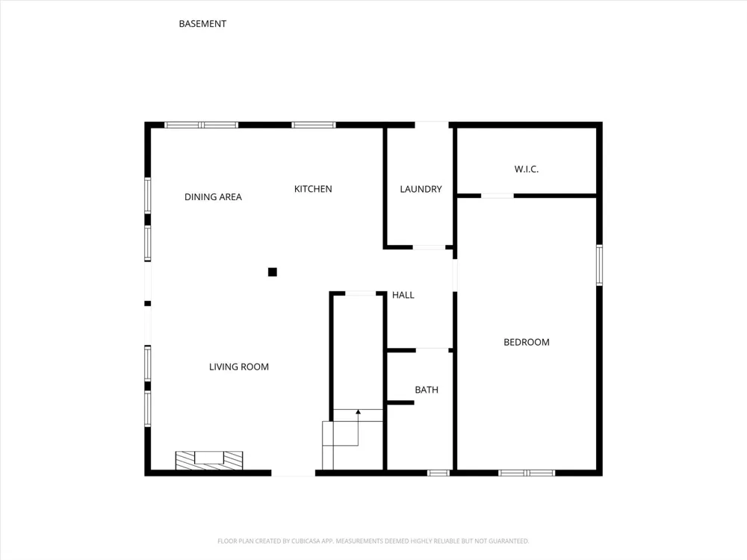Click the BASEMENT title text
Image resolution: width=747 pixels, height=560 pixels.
(202, 24)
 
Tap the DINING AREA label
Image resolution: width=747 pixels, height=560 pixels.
(213, 196)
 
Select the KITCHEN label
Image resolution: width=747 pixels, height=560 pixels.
(313, 189)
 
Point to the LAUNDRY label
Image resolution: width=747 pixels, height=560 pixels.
(421, 189)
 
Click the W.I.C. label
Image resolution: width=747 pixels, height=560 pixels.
(527, 169)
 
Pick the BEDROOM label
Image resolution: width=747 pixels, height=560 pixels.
(527, 342)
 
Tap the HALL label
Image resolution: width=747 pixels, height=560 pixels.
(403, 295)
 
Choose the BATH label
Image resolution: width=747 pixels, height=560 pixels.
(427, 390)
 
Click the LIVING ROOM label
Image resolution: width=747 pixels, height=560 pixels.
(239, 367)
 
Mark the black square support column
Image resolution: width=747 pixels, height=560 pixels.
(273, 272)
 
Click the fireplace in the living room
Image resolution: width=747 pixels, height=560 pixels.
(209, 461)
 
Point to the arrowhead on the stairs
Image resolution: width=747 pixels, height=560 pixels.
(359, 412)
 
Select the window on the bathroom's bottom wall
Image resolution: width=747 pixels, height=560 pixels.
(438, 473)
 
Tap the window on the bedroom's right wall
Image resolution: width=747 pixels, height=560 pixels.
(599, 265)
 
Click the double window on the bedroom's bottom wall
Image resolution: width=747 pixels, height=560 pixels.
(527, 473)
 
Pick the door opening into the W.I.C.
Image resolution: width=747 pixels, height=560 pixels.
(498, 196)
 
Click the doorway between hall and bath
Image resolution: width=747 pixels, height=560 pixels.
(432, 350)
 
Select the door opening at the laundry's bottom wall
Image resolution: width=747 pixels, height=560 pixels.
(429, 247)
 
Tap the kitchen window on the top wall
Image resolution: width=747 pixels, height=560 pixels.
(314, 125)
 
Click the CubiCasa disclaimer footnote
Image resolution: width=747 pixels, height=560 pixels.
(373, 541)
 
